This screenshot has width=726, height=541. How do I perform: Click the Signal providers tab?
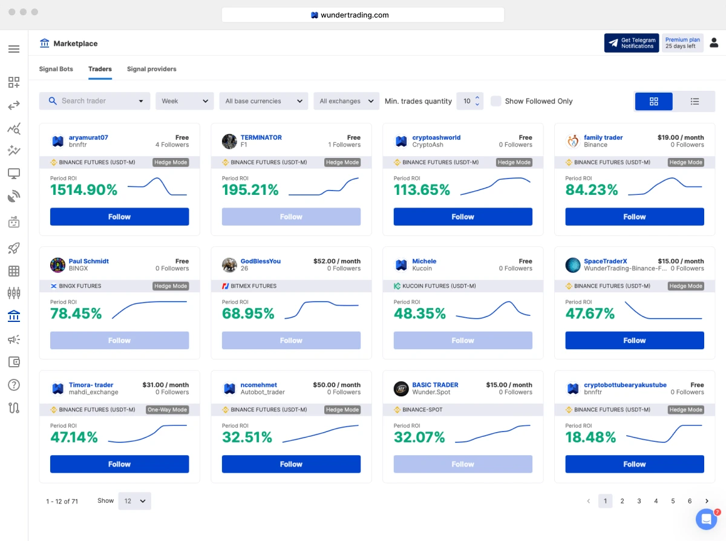click(151, 69)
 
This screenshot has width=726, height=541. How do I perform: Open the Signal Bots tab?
click(56, 69)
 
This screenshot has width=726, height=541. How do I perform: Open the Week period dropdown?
click(185, 101)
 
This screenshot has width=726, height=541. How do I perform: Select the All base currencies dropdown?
click(263, 101)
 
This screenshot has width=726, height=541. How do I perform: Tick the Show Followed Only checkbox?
click(495, 101)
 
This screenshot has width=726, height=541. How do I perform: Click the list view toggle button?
click(695, 102)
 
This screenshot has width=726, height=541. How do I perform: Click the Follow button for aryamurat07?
click(119, 217)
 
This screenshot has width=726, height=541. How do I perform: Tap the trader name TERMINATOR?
click(261, 137)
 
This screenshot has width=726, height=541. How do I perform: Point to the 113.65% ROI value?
click(422, 190)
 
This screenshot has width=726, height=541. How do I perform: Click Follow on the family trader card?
click(634, 217)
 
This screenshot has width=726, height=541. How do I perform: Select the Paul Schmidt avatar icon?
click(58, 265)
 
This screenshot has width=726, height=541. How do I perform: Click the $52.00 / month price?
click(336, 261)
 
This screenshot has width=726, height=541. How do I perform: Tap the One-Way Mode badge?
click(168, 410)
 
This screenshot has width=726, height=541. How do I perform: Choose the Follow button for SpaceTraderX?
click(634, 341)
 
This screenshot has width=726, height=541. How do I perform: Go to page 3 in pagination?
click(639, 501)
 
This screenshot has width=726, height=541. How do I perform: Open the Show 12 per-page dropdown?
click(134, 501)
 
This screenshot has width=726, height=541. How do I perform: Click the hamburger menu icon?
click(14, 49)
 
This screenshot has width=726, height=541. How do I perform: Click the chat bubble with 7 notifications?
click(706, 519)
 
